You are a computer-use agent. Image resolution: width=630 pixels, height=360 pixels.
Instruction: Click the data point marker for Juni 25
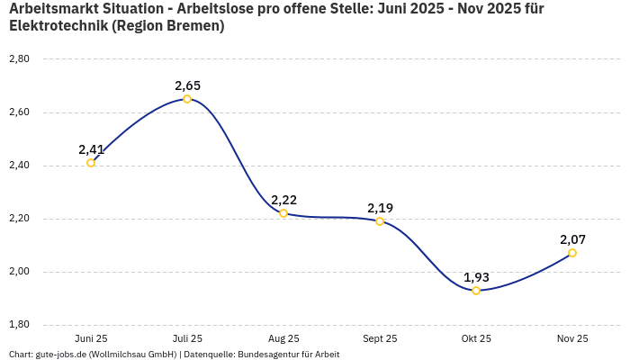pyautogui.click(x=91, y=163)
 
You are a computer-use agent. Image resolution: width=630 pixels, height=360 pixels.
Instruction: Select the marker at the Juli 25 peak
pyautogui.click(x=187, y=99)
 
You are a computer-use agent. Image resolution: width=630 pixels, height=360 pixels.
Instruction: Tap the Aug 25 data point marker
pyautogui.click(x=283, y=213)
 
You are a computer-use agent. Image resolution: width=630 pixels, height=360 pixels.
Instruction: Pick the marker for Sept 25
pyautogui.click(x=380, y=221)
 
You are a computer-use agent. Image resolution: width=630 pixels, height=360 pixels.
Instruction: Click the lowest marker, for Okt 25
pyautogui.click(x=476, y=291)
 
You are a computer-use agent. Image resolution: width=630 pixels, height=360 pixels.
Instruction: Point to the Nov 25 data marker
pyautogui.click(x=572, y=253)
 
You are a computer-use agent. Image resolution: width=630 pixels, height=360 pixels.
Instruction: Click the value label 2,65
pyautogui.click(x=187, y=85)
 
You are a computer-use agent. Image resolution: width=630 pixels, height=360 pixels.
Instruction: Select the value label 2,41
pyautogui.click(x=92, y=149)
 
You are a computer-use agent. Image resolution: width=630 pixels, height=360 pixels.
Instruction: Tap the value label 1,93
pyautogui.click(x=476, y=277)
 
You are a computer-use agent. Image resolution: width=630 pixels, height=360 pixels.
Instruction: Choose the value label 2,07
pyautogui.click(x=573, y=239)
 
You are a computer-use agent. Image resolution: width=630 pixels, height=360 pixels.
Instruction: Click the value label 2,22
pyautogui.click(x=283, y=200)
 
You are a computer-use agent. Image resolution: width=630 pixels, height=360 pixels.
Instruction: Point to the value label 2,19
pyautogui.click(x=380, y=208)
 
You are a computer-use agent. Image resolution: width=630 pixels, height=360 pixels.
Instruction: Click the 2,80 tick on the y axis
pyautogui.click(x=19, y=59)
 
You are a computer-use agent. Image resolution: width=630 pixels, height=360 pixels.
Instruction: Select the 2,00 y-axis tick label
pyautogui.click(x=19, y=272)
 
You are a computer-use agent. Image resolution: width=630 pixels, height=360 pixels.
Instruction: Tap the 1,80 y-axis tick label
pyautogui.click(x=19, y=325)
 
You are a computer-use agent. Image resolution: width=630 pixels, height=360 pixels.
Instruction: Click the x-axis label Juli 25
pyautogui.click(x=187, y=338)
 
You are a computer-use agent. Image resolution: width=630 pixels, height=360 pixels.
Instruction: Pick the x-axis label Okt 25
pyautogui.click(x=476, y=338)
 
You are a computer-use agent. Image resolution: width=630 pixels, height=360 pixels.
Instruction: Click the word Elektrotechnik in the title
pyautogui.click(x=58, y=26)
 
